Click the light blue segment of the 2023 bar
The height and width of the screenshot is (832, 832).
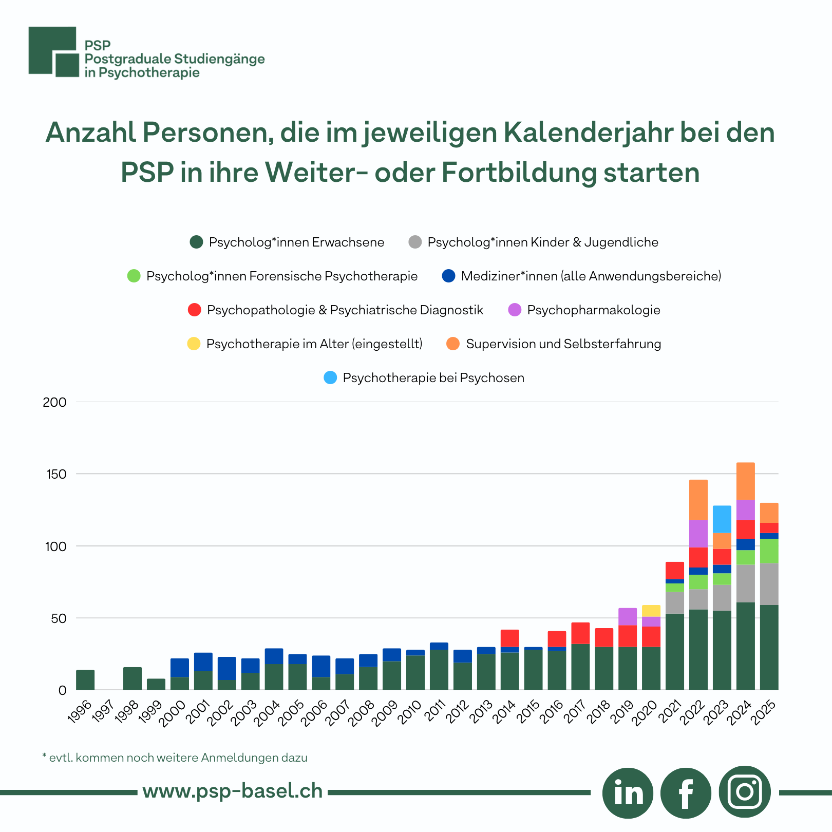[x=722, y=519]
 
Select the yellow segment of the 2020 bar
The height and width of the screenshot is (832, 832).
[x=651, y=611]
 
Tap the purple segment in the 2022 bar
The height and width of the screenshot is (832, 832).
[x=698, y=534]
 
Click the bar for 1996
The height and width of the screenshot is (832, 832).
[x=85, y=679]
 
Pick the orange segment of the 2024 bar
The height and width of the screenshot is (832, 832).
[x=745, y=481]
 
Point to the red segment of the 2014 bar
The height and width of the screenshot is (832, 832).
[x=509, y=638]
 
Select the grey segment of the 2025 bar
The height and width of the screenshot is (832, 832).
[x=769, y=584]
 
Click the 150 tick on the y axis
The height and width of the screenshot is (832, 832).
[x=56, y=474]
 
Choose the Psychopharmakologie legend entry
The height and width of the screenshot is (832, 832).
[x=593, y=310]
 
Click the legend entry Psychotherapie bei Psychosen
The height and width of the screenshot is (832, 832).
[x=433, y=378]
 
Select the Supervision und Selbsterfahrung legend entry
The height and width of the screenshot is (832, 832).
[x=563, y=344]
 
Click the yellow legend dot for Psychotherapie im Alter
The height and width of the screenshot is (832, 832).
[x=194, y=344]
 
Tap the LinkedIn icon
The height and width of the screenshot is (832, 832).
[x=628, y=793]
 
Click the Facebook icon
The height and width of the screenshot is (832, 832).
[x=686, y=793]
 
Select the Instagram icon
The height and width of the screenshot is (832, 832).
[x=745, y=792]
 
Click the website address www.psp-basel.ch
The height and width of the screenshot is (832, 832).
[x=233, y=791]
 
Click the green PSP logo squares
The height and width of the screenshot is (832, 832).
[x=53, y=51]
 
